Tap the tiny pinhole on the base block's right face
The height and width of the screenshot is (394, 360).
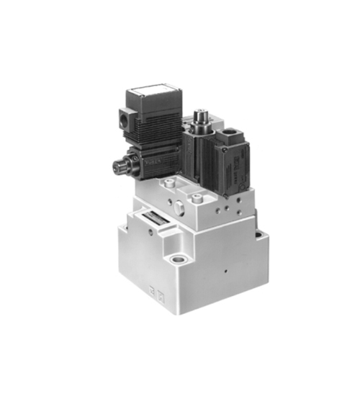(x=225, y=272)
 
